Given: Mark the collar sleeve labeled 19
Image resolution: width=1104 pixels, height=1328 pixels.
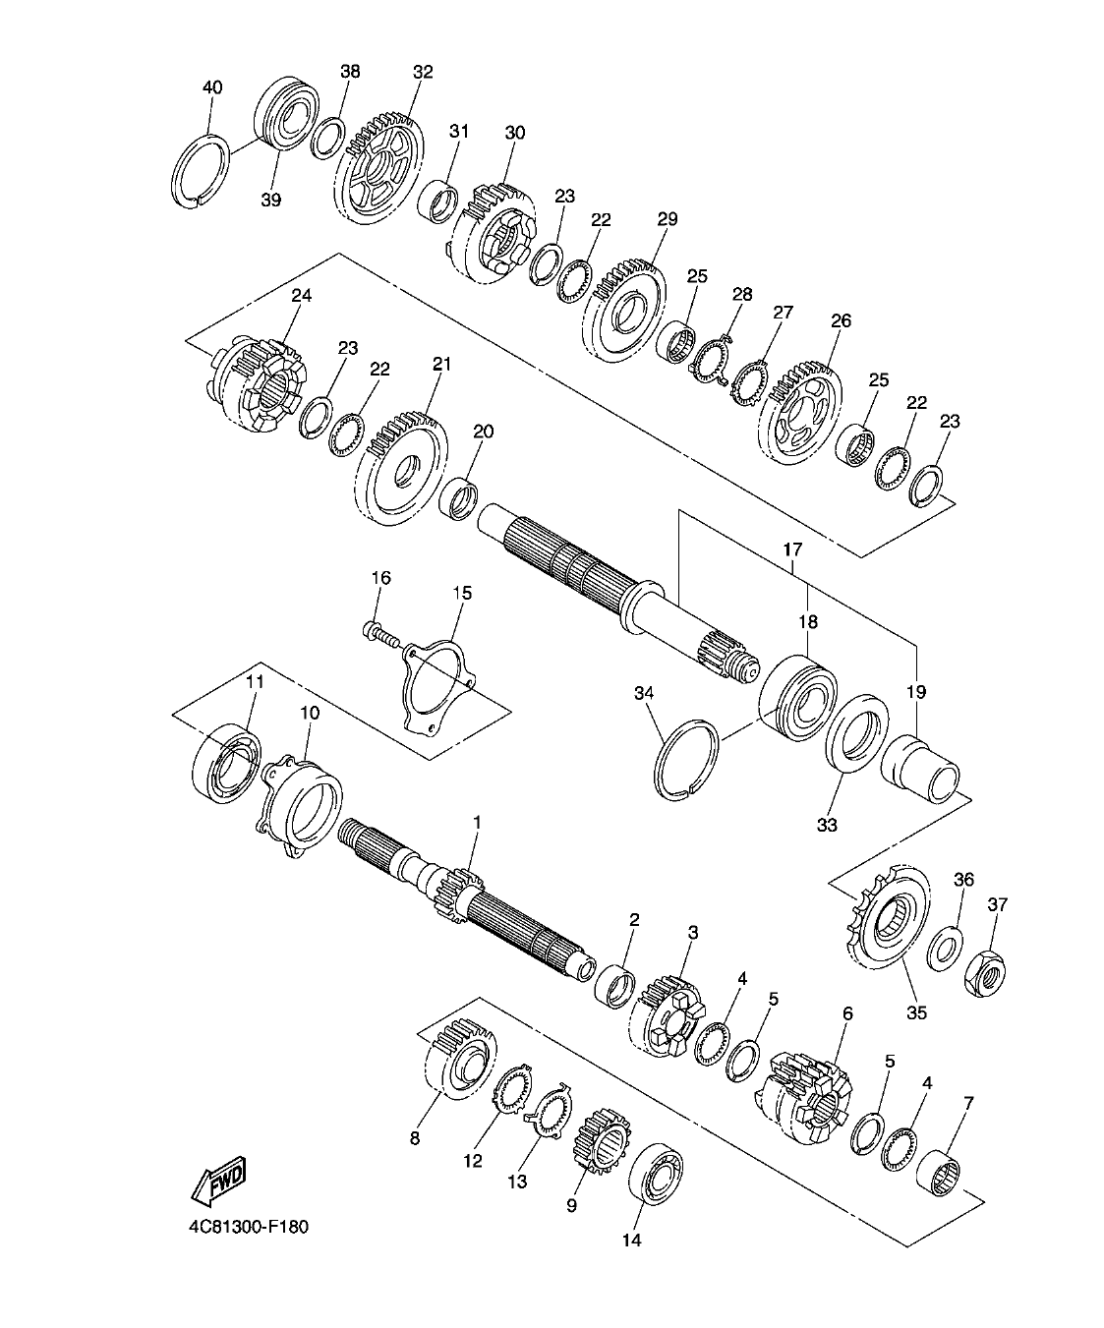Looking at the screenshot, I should pyautogui.click(x=926, y=770).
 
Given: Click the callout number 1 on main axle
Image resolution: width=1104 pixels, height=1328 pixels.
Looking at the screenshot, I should pyautogui.click(x=478, y=821).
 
